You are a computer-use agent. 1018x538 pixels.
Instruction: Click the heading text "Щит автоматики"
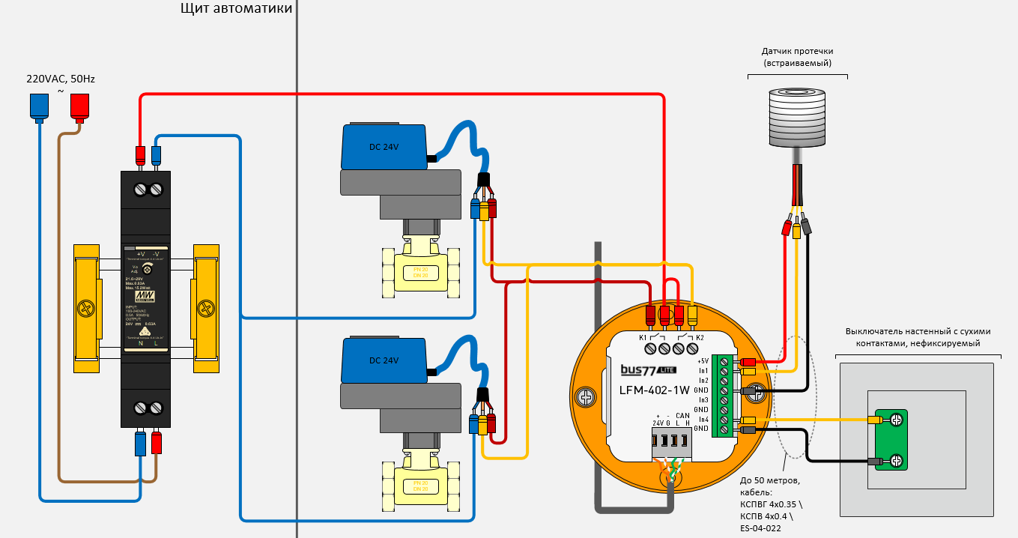pos(236,9)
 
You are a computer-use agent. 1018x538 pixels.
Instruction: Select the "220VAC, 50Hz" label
pos(61,79)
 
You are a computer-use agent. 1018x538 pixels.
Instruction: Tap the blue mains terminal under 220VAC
pos(39,107)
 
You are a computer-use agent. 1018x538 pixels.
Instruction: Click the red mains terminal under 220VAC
pos(79,107)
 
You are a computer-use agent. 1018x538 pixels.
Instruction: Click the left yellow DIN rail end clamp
pos(86,308)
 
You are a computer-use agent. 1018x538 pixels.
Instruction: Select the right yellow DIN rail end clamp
pos(206,308)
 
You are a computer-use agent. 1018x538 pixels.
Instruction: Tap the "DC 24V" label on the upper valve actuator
pos(384,147)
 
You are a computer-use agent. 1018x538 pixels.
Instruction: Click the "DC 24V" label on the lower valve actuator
pos(384,360)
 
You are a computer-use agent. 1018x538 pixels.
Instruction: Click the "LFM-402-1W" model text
pos(655,390)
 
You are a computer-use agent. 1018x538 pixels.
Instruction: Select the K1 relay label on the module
pos(643,338)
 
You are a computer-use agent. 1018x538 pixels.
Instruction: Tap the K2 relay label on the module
pos(700,338)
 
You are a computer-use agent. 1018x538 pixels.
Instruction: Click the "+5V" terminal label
pos(703,360)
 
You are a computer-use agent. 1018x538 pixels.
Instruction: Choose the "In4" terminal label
pos(703,419)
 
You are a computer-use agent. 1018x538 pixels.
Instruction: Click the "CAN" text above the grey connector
pos(682,416)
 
